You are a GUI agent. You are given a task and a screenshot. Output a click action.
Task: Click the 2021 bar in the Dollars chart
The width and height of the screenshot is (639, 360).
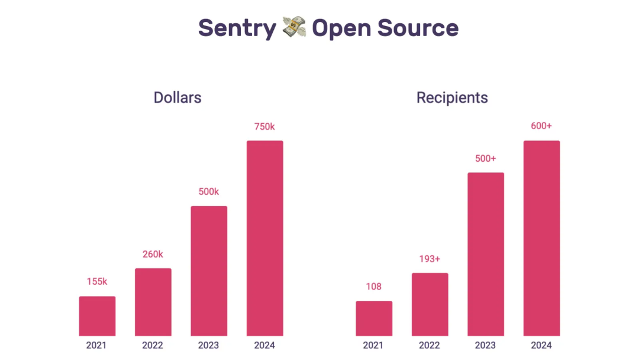click(97, 316)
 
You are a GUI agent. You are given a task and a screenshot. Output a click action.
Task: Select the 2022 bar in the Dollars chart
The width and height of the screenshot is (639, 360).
click(153, 302)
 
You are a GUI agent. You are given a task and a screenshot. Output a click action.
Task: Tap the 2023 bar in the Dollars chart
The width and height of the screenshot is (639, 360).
click(209, 271)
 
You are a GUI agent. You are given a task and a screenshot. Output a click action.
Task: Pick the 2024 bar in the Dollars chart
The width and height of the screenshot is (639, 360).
click(264, 238)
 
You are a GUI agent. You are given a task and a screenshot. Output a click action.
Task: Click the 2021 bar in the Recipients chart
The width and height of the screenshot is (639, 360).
click(374, 319)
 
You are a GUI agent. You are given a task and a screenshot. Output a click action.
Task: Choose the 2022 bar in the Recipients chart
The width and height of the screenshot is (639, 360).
click(430, 304)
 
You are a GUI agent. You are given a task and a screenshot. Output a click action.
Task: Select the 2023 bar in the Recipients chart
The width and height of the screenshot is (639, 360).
click(486, 254)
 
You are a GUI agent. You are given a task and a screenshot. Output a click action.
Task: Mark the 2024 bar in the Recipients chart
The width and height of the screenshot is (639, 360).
click(541, 238)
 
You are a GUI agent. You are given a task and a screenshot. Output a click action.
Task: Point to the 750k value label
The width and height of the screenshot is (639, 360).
click(264, 127)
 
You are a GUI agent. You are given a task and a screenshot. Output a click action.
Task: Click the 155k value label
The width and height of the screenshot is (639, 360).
click(97, 282)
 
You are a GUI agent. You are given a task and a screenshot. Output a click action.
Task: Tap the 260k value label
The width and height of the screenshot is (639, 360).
click(153, 255)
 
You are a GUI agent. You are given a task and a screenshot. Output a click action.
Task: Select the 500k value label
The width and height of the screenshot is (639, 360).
click(208, 192)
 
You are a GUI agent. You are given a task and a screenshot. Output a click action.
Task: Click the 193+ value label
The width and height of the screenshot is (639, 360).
click(430, 259)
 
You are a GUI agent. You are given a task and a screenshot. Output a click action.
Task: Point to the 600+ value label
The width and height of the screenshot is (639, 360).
click(541, 126)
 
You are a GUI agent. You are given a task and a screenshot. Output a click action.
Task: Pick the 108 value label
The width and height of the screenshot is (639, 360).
click(374, 287)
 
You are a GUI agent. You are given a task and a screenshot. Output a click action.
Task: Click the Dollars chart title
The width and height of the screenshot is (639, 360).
click(177, 98)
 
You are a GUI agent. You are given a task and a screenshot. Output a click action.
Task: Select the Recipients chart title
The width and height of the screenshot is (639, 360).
click(452, 98)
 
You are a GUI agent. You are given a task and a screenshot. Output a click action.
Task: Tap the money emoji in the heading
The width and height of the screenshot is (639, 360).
click(294, 28)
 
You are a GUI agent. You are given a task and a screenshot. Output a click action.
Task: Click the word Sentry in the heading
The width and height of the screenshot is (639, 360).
click(237, 28)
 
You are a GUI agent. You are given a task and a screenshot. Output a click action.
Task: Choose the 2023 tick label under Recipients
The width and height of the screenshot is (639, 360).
click(486, 345)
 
